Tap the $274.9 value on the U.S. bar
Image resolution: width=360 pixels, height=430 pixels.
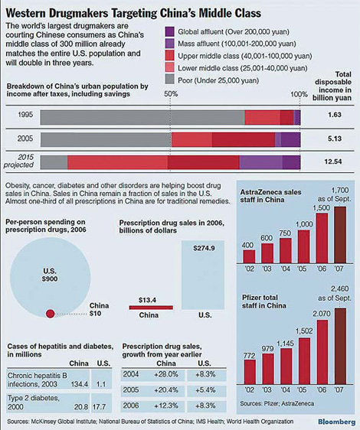point(202,249)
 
